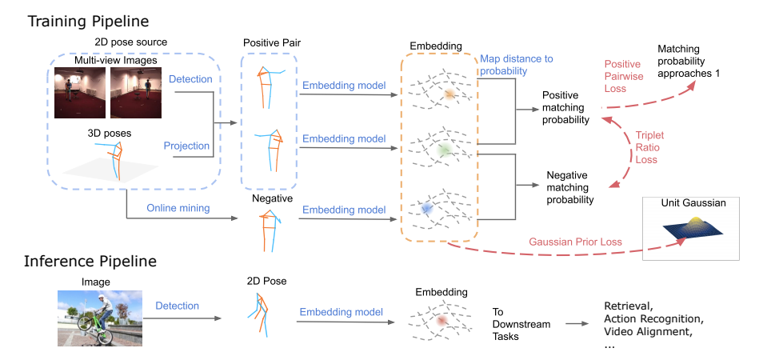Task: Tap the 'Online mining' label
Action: click(178, 208)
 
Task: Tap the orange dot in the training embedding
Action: click(450, 94)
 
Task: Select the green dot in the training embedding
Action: click(445, 150)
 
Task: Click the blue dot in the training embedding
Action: click(426, 208)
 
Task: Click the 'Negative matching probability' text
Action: click(569, 186)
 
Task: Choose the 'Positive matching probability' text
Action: click(565, 107)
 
